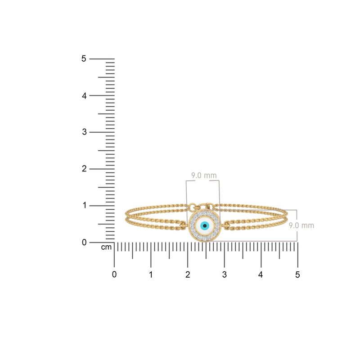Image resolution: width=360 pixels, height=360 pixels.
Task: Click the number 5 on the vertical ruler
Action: click(83, 58)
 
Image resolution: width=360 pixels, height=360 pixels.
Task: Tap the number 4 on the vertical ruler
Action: click(83, 95)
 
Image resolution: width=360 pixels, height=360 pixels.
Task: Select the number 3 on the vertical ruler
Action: click(83, 132)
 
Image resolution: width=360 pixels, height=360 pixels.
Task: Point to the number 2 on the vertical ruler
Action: click(83, 169)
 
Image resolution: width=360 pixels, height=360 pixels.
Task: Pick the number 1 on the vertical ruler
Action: click(83, 206)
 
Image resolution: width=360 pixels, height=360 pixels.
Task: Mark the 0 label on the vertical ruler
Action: click(83, 243)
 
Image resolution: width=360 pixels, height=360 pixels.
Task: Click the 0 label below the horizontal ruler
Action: click(114, 274)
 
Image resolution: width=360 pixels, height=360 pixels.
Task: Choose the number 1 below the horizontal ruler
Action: click(151, 274)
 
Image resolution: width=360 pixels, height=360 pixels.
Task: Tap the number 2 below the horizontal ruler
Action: click(188, 274)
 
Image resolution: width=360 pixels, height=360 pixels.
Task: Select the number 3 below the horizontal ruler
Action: click(224, 274)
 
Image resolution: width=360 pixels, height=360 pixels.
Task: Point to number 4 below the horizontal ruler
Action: click(261, 274)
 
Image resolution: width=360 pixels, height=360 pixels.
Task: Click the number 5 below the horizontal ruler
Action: click(297, 274)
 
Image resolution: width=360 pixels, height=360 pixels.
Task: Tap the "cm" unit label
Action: click(106, 247)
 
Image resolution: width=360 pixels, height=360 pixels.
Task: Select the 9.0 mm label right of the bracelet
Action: click(301, 225)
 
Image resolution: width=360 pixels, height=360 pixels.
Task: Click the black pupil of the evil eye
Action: click(205, 225)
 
